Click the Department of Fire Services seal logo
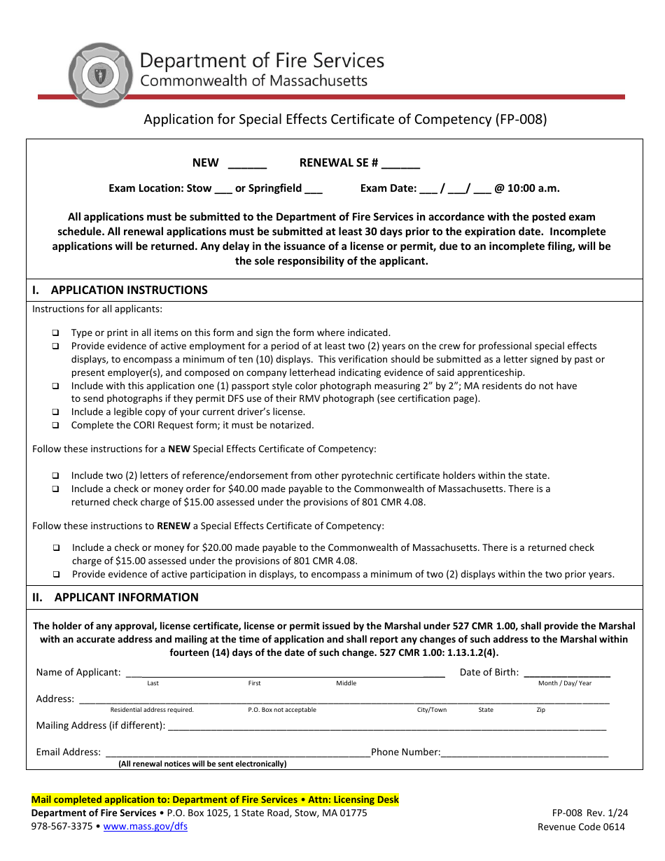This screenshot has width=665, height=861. [99, 76]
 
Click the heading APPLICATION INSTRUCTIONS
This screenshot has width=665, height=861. [129, 290]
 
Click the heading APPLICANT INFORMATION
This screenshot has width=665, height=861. [126, 598]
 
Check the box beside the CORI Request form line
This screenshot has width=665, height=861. [55, 426]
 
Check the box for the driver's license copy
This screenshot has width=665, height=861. [55, 412]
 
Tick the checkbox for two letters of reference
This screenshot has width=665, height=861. [55, 476]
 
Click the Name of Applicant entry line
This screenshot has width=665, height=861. [284, 673]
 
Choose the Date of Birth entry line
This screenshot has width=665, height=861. [566, 673]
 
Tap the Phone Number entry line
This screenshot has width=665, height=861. [524, 753]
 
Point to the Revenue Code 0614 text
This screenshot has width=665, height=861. [581, 827]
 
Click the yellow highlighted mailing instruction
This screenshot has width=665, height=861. [215, 799]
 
